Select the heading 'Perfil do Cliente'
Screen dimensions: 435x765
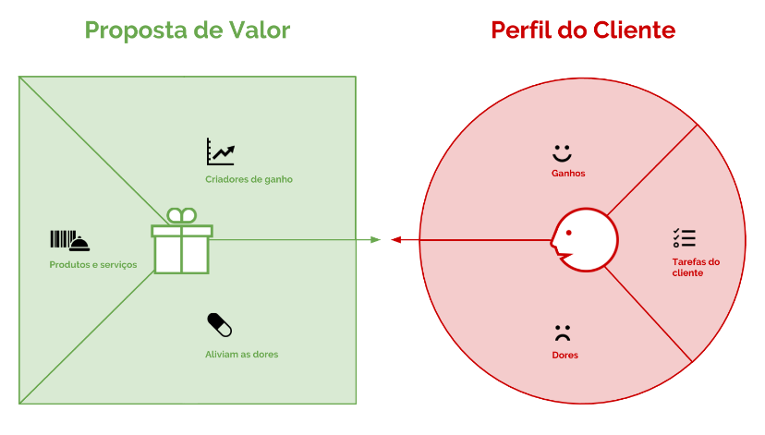[583, 30]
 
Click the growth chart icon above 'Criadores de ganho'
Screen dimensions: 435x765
[220, 151]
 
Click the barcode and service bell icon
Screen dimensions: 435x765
[69, 241]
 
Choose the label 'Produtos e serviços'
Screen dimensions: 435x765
[93, 265]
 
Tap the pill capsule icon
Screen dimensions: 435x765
[219, 325]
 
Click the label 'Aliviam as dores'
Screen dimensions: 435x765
[241, 355]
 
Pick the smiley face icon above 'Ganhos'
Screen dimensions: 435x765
[563, 151]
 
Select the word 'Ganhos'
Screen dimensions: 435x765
[568, 174]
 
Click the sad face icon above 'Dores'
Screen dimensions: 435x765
[563, 332]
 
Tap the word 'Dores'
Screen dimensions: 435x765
[565, 356]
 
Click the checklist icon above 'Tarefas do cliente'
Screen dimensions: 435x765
[684, 237]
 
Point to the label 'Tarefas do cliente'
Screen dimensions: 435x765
[696, 267]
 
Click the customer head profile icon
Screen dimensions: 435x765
[583, 241]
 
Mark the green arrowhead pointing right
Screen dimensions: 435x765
[375, 240]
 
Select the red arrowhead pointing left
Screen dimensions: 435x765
[395, 240]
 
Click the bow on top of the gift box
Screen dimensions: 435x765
[182, 215]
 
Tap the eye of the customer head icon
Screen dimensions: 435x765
[569, 231]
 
